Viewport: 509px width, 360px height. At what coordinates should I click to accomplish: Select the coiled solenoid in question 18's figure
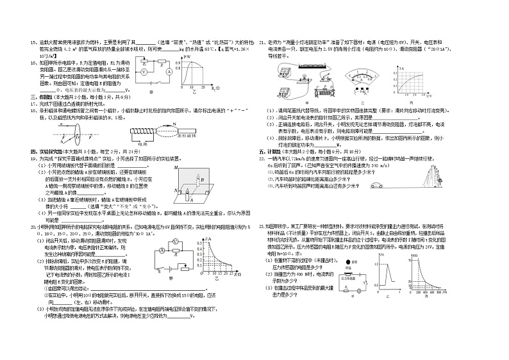coord(142,135)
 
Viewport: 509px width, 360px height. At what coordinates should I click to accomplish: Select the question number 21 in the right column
coord(262,43)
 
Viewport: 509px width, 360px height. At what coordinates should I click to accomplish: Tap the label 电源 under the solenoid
coord(141,146)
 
